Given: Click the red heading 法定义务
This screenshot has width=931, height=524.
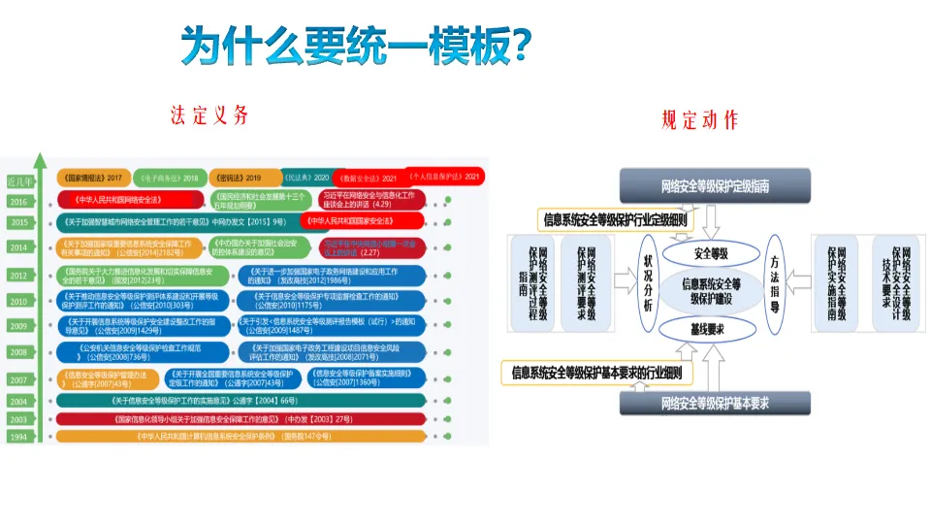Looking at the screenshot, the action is click(x=209, y=115).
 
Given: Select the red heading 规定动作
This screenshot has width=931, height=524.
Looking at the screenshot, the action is click(x=699, y=120).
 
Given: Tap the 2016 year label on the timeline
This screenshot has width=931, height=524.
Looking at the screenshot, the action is click(x=18, y=202).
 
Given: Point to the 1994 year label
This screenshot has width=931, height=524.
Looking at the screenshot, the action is click(x=18, y=438).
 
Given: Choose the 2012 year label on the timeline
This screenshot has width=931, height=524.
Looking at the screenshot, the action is click(x=18, y=276).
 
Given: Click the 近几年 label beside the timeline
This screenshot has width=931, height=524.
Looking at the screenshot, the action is click(x=19, y=180).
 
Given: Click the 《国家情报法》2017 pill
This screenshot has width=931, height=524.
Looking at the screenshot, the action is click(x=93, y=179).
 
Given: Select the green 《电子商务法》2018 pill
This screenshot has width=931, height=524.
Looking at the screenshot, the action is click(x=169, y=179).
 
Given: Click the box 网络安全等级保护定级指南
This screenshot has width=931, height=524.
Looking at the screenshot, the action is click(x=714, y=184).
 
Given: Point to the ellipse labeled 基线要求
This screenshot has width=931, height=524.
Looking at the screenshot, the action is click(x=710, y=330).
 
